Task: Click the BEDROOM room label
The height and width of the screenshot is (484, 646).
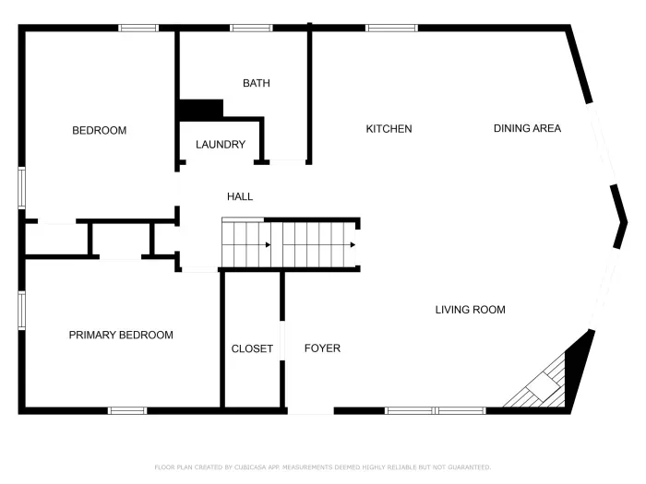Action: click(99, 131)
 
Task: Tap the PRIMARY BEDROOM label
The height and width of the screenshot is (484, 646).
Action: click(121, 336)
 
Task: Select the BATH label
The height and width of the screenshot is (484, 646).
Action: click(257, 84)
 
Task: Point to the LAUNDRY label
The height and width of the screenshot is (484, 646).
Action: click(221, 145)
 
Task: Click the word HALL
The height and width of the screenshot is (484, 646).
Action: click(240, 196)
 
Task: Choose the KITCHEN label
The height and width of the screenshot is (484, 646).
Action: click(389, 129)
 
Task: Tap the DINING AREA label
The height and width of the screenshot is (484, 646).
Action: click(527, 129)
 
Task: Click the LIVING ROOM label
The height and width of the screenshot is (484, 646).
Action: click(470, 310)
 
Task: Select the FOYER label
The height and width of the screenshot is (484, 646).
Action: click(322, 348)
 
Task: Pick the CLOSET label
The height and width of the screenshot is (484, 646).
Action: click(252, 348)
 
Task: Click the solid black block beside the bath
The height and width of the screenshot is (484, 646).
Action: click(201, 109)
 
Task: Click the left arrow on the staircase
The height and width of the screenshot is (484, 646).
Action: click(267, 245)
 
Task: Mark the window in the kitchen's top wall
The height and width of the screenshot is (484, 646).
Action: click(392, 28)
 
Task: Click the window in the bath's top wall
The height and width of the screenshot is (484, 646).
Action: click(251, 28)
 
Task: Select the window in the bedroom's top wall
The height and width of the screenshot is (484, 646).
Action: click(138, 28)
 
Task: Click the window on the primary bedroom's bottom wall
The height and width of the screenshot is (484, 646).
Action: click(127, 410)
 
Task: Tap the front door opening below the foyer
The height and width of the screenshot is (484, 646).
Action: click(310, 411)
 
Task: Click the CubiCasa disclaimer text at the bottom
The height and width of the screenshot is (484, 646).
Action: click(322, 467)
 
